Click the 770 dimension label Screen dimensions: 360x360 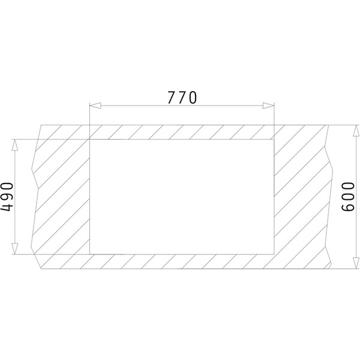pos(182,98)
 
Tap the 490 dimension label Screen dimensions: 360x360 pos(7,197)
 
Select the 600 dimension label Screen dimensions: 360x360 pos(348,197)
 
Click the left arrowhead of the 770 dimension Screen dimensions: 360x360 pos(95,106)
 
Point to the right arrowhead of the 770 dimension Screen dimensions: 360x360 pos(268,106)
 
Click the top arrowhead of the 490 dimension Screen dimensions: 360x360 pos(14,145)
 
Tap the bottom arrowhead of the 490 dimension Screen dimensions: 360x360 pos(14,248)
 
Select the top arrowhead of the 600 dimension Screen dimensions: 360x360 pos(356,131)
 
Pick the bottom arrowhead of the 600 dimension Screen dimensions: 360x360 pos(356,263)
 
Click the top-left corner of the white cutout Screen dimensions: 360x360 pos(89,140)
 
